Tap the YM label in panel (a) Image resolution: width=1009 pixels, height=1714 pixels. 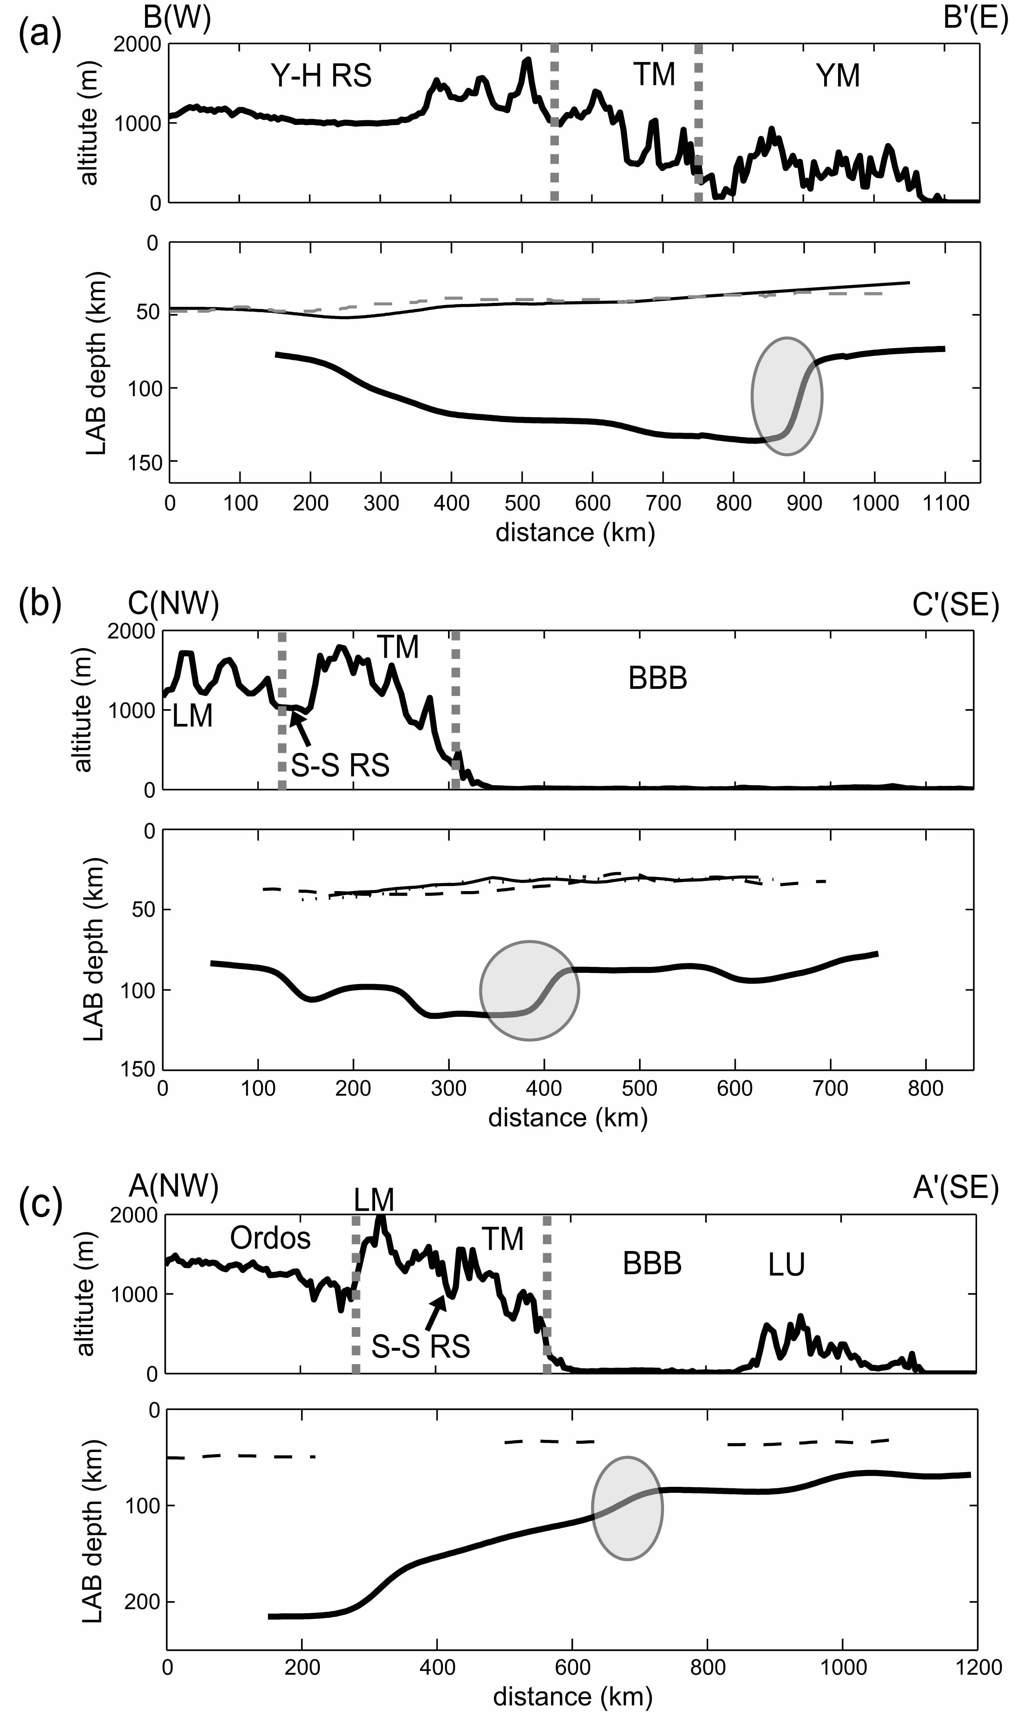(x=837, y=75)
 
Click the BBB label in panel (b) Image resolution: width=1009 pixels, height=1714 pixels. (x=657, y=678)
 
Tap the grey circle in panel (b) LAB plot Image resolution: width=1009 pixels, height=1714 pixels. (x=529, y=990)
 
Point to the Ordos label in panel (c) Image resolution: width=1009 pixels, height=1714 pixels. (x=270, y=1238)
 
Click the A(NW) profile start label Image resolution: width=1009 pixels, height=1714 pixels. (x=173, y=1186)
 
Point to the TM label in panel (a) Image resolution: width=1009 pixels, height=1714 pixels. (x=654, y=74)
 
